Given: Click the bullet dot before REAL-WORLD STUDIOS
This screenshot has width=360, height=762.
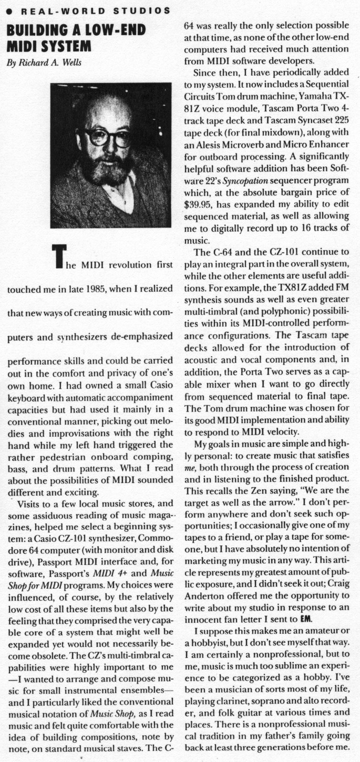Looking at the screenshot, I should [x=9, y=11].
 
